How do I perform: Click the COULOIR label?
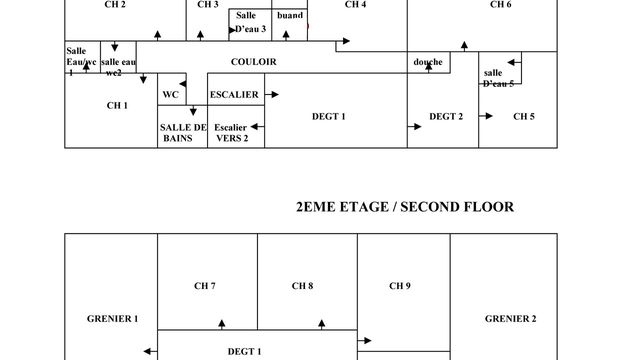click(253, 62)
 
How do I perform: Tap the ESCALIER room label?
click(234, 95)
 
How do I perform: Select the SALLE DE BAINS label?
click(183, 133)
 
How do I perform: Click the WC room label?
click(171, 95)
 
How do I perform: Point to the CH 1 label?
click(117, 105)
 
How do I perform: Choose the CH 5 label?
click(524, 116)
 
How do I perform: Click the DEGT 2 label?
click(446, 116)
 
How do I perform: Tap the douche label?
click(428, 62)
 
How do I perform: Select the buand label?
click(290, 16)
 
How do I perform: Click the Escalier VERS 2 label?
click(231, 133)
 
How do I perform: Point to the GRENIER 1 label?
click(112, 318)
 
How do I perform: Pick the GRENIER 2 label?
click(511, 318)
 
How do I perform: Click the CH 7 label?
click(204, 286)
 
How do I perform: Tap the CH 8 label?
click(302, 286)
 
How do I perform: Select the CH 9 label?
click(400, 286)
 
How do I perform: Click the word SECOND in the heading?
click(429, 207)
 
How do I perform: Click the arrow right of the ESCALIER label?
click(272, 95)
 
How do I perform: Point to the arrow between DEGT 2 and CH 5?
click(486, 116)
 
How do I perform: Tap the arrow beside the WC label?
click(183, 84)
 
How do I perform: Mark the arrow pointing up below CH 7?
click(222, 324)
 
